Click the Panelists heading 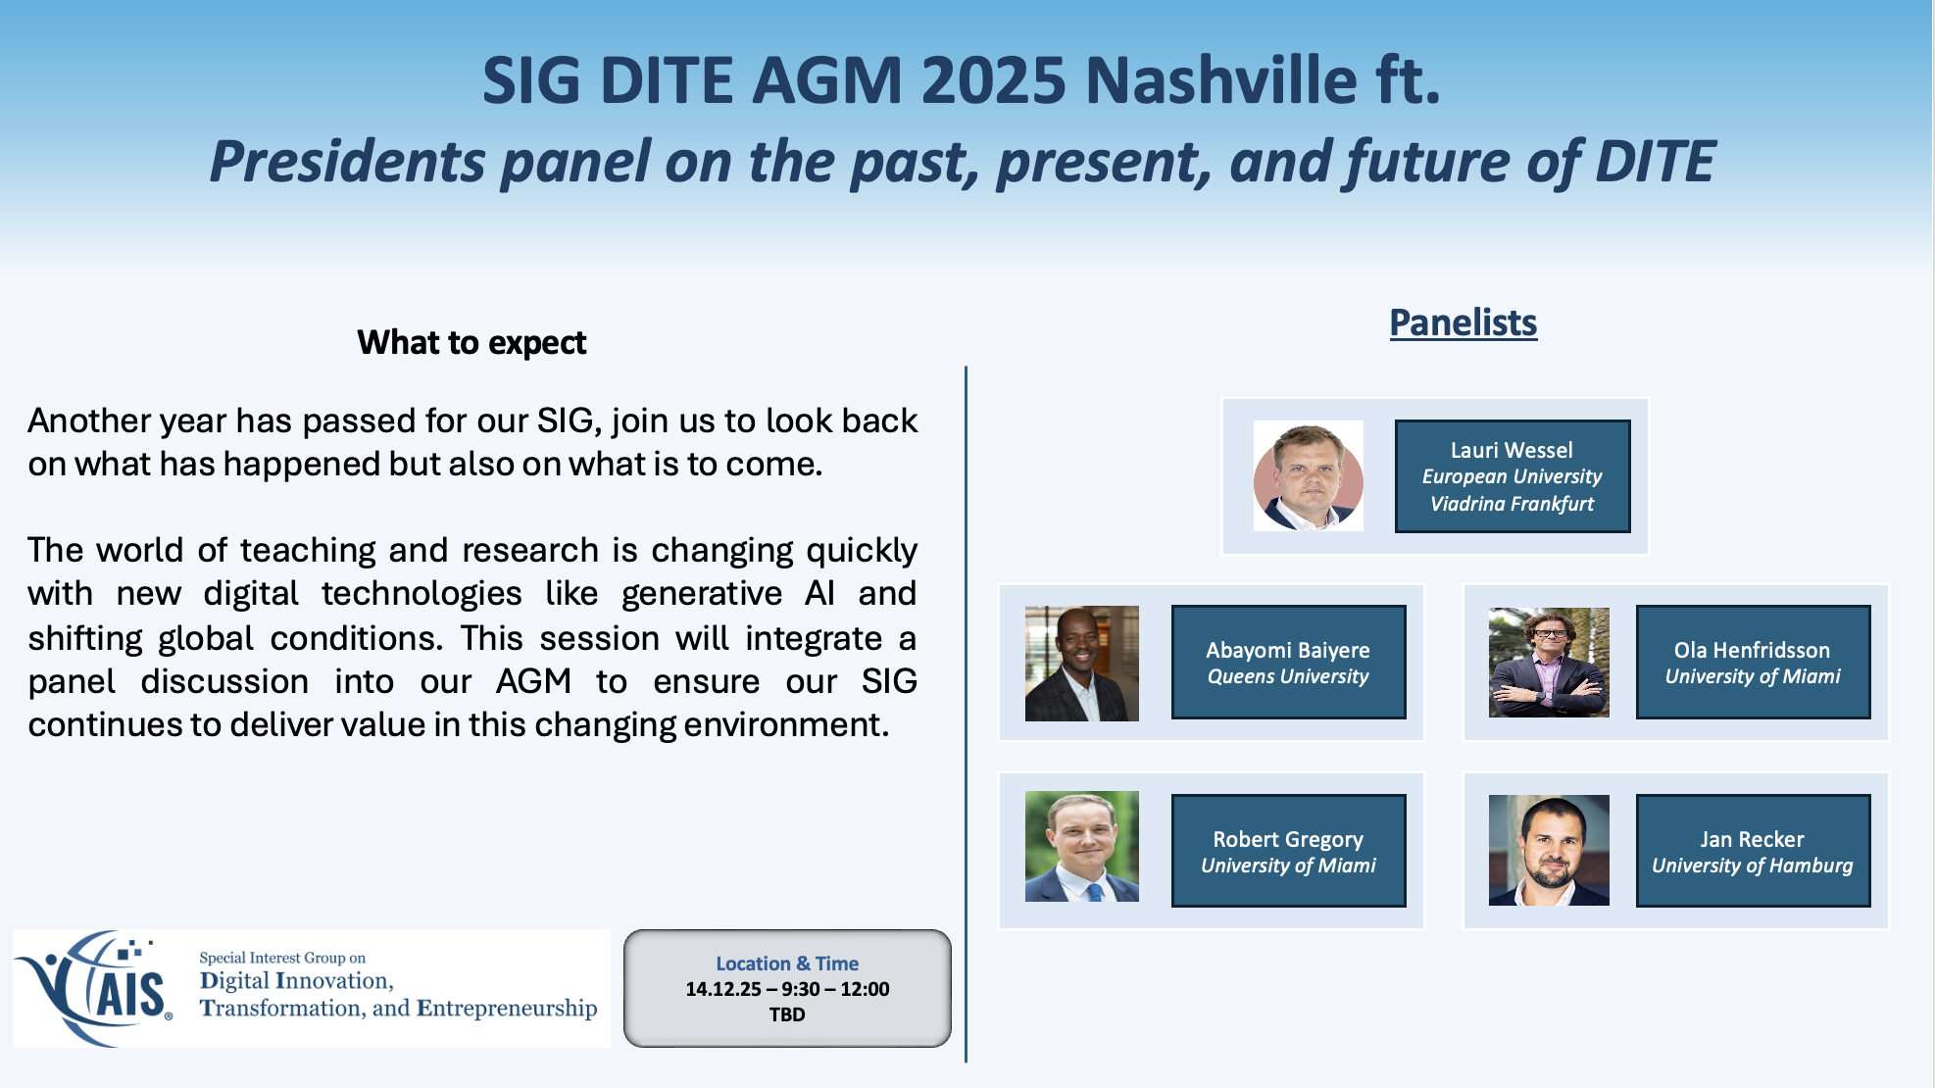1464,322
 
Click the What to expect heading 471,343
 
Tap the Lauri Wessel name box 1513,476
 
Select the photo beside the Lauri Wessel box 1309,476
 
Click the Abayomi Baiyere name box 1289,662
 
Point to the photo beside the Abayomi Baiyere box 1082,664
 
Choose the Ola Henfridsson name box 1754,662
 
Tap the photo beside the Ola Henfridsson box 1549,663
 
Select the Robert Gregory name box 1289,851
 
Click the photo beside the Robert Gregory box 1082,846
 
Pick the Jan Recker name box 1754,851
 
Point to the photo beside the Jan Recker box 1549,850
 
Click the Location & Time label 787,964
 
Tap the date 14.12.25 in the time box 723,989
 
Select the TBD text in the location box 787,1014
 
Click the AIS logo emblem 95,988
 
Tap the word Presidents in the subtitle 348,162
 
